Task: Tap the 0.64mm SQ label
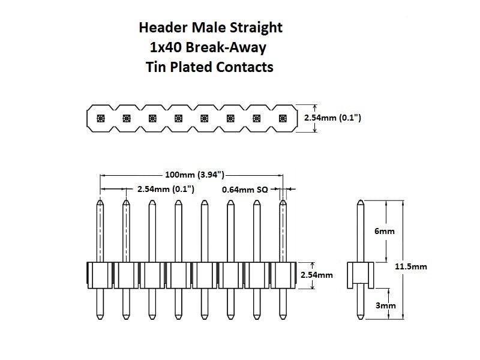click(245, 189)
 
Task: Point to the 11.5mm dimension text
click(411, 266)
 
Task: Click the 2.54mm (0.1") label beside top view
click(332, 118)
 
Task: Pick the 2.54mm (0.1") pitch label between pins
click(166, 189)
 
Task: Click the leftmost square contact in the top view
click(100, 118)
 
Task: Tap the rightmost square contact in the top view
click(283, 118)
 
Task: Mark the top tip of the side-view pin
click(360, 202)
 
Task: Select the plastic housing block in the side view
click(360, 275)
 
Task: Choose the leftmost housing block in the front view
click(100, 275)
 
